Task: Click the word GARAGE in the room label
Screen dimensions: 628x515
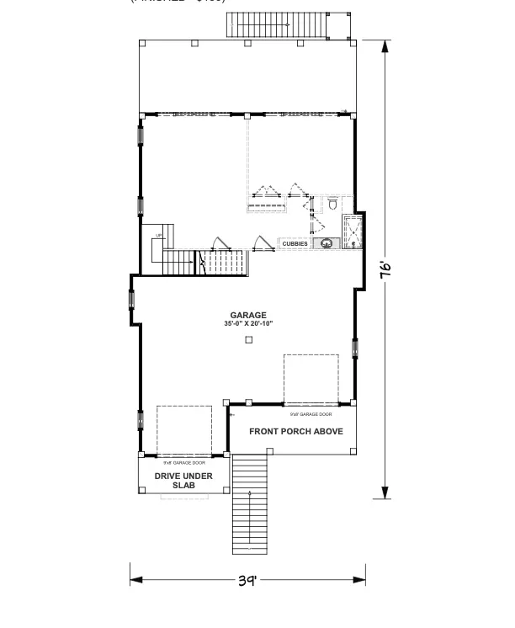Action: (x=248, y=315)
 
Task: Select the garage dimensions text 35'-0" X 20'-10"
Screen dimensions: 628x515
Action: (x=248, y=323)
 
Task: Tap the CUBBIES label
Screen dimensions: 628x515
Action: (x=294, y=244)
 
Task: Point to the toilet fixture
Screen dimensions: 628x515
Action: (x=332, y=205)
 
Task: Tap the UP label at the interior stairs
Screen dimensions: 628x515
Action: (x=158, y=236)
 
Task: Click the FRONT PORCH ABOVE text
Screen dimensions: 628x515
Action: (x=289, y=431)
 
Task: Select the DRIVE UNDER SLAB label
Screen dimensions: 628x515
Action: (x=183, y=480)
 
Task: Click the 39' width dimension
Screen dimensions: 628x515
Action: (x=247, y=580)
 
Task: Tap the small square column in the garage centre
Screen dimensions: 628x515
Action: (x=248, y=340)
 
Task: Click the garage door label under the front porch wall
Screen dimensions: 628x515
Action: (x=311, y=414)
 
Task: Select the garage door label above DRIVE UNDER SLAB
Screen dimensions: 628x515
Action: (x=183, y=462)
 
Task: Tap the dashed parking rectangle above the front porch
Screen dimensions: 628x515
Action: (x=311, y=379)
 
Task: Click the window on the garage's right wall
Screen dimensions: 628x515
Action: (x=355, y=348)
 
